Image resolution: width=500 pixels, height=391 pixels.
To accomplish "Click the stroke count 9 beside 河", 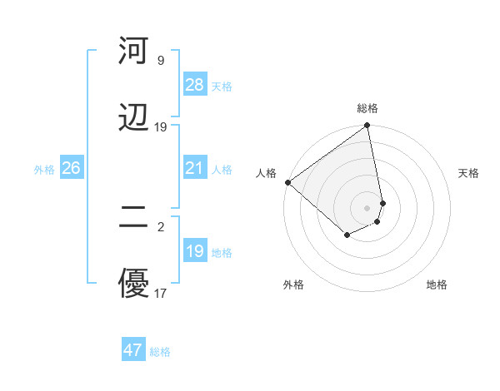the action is [160, 61].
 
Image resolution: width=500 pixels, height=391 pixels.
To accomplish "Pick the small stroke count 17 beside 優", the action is [160, 293].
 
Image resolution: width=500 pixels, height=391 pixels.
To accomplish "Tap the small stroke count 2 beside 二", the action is [160, 226].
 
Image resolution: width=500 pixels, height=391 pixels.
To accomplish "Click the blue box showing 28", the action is [194, 85].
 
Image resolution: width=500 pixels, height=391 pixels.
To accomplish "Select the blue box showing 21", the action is [194, 168].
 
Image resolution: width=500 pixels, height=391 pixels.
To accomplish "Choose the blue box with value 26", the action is [71, 168].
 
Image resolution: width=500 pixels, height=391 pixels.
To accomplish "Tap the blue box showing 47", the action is [132, 350].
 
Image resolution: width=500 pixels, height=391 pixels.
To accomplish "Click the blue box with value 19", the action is [194, 251].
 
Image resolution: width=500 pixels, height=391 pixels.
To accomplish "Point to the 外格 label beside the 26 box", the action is [44, 170].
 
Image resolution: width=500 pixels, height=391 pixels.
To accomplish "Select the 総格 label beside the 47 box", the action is [160, 352].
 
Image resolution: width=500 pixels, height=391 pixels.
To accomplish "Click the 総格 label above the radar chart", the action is [367, 108].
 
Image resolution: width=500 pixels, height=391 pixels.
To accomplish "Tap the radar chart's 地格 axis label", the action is [437, 285].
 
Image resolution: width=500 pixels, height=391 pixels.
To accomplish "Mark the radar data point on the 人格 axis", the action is [287, 182].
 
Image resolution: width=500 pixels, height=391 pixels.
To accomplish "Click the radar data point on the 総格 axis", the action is [367, 126].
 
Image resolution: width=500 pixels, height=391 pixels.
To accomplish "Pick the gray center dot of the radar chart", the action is [367, 207].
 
